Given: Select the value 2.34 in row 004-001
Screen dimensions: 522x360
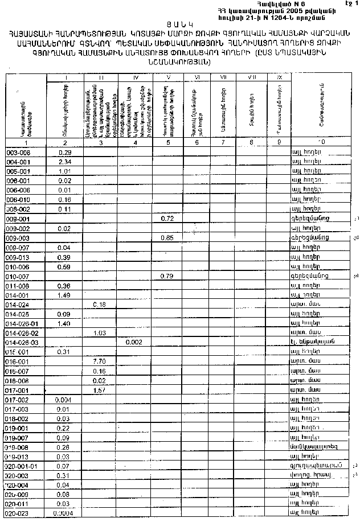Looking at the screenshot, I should pos(64,162).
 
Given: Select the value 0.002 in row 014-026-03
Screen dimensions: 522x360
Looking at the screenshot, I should pos(135,342).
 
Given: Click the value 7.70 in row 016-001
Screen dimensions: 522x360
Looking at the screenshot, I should pos(99,361).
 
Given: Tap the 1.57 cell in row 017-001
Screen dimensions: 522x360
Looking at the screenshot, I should pos(99,390).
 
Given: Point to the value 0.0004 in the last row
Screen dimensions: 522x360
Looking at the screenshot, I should pos(63,513).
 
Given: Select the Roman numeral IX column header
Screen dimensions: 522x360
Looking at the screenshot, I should pos(279,77).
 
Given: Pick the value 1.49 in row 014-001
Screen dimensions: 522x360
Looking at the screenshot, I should pos(64,295).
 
